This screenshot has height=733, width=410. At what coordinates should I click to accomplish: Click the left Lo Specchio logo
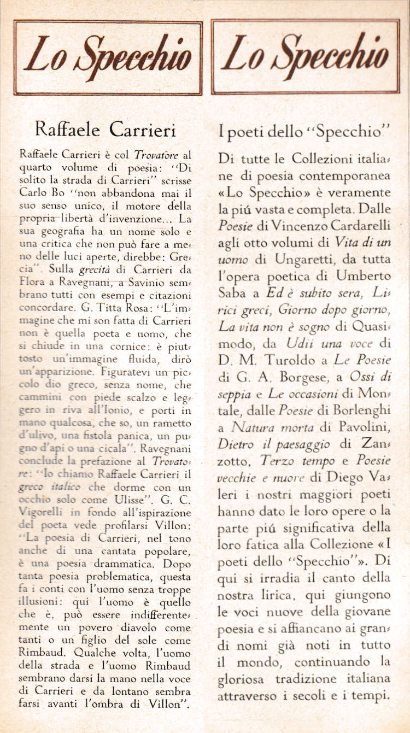pos(108,57)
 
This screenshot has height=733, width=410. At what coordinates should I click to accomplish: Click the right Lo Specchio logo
pos(306,57)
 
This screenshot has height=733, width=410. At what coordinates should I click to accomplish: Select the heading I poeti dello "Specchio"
pos(303,132)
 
